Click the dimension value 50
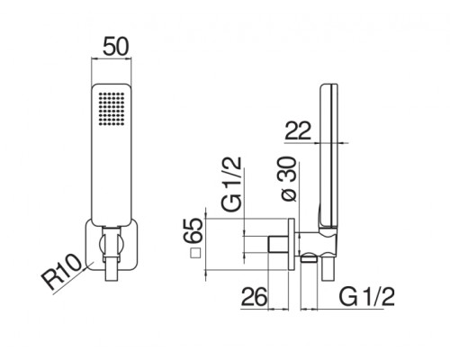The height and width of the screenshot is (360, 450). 115,47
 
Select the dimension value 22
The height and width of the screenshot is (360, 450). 298,130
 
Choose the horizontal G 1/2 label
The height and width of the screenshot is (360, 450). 366,297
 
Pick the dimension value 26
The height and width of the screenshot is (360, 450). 254,297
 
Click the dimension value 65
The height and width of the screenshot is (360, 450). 193,230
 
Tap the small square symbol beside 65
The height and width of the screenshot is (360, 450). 195,254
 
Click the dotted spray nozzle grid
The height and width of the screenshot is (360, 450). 112,109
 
